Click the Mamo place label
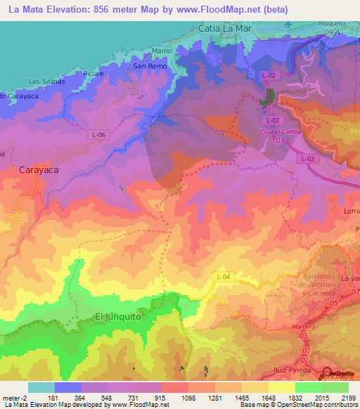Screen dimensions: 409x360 (162, 51)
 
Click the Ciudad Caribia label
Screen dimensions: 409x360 (280, 131)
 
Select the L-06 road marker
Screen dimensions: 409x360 (99, 134)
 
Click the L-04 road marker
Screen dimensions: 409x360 (223, 277)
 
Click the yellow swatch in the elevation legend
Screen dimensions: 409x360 (282, 387)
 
